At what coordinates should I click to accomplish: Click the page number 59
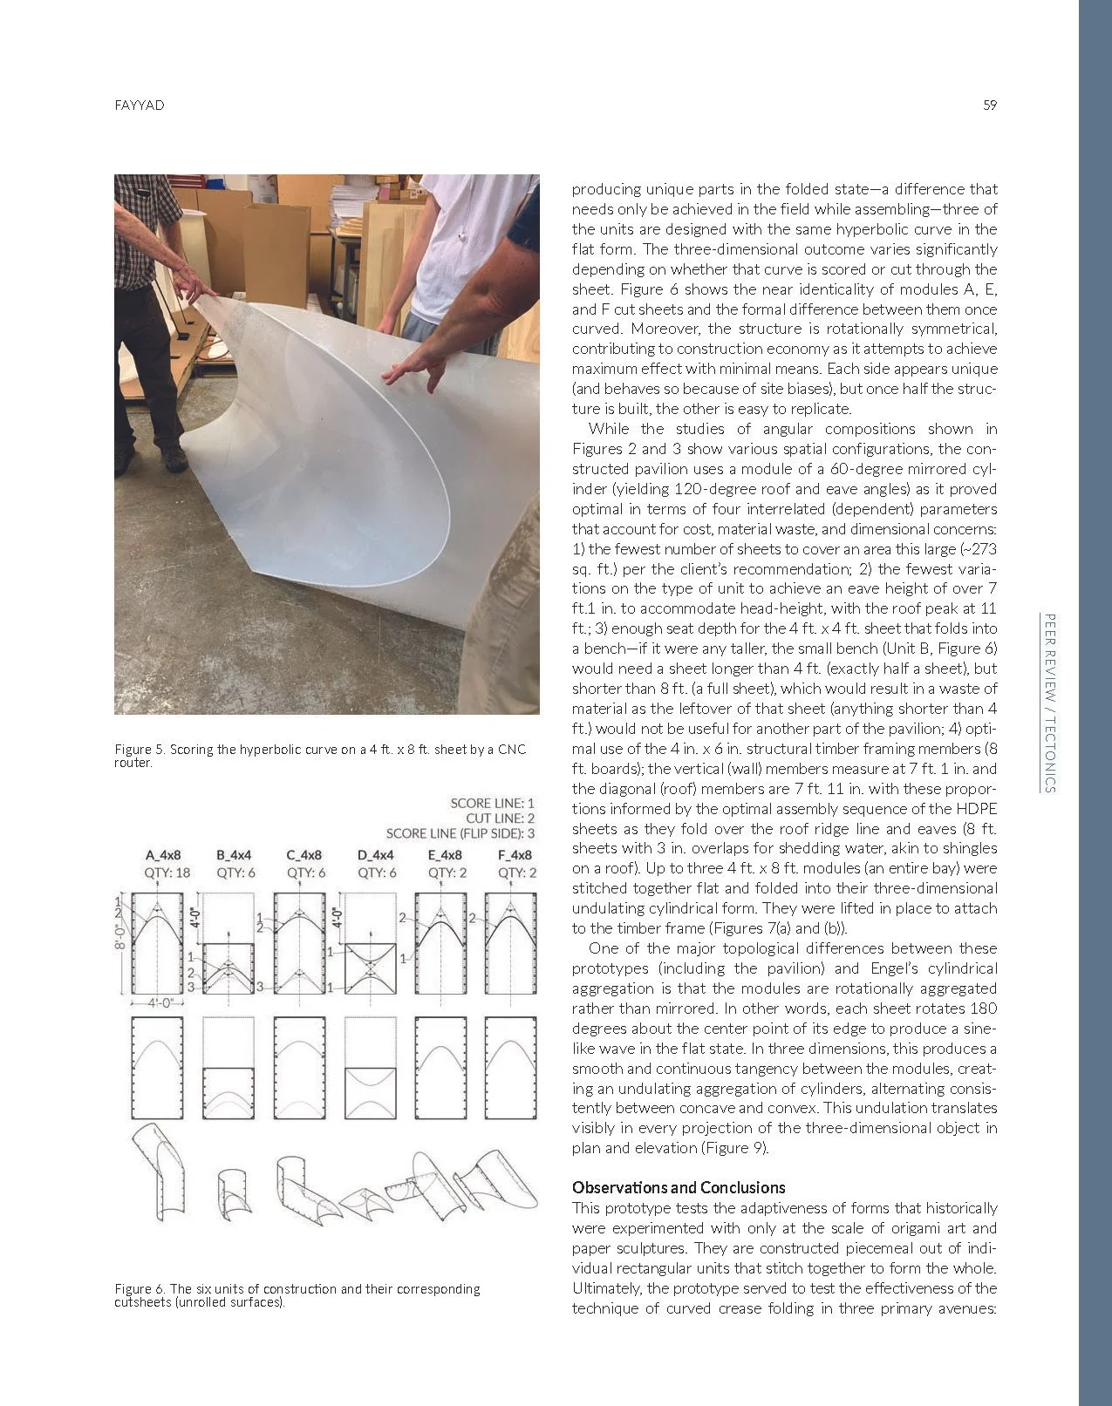pyautogui.click(x=989, y=105)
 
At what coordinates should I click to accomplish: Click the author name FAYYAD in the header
pyautogui.click(x=140, y=105)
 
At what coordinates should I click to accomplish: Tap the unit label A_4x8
pyautogui.click(x=163, y=855)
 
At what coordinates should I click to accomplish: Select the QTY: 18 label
pyautogui.click(x=167, y=873)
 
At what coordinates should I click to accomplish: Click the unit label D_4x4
pyautogui.click(x=375, y=855)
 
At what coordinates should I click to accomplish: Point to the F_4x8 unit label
pyautogui.click(x=514, y=855)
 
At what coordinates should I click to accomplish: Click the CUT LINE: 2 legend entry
pyautogui.click(x=500, y=818)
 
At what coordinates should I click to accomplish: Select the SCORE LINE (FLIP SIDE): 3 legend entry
pyautogui.click(x=460, y=833)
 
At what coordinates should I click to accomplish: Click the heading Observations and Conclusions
pyautogui.click(x=679, y=1187)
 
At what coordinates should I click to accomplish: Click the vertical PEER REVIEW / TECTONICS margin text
pyautogui.click(x=1050, y=703)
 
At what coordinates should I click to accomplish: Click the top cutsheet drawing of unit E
pyautogui.click(x=440, y=944)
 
